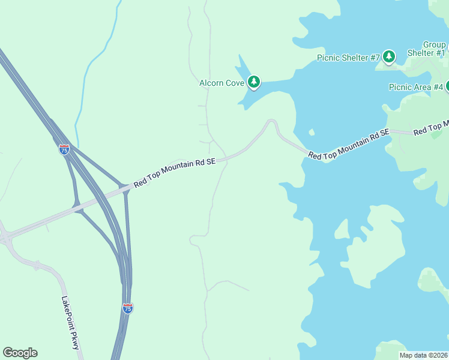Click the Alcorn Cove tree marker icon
tap(254, 82)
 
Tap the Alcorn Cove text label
tap(221, 83)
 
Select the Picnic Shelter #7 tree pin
tap(389, 57)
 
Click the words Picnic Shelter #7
tap(348, 58)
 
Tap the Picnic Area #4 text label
tap(416, 87)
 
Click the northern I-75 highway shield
tap(64, 149)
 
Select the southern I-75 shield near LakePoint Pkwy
tap(127, 308)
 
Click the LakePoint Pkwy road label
tap(71, 325)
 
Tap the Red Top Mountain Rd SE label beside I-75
tap(174, 172)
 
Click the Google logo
tap(20, 353)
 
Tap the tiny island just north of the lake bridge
tap(311, 132)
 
